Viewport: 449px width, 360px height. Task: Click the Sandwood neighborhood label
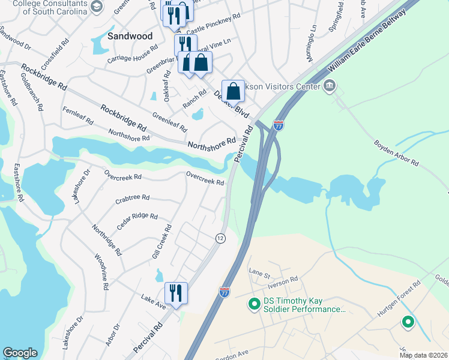point(130,36)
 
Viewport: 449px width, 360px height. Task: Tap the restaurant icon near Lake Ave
point(176,293)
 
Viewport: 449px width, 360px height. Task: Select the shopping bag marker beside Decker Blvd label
point(234,92)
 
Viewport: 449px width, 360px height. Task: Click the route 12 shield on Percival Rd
point(221,238)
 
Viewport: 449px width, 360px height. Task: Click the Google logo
point(20,353)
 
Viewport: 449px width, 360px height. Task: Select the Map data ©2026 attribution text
point(424,355)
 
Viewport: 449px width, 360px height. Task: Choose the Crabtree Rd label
point(131,197)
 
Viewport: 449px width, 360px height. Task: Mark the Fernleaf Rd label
point(78,116)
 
